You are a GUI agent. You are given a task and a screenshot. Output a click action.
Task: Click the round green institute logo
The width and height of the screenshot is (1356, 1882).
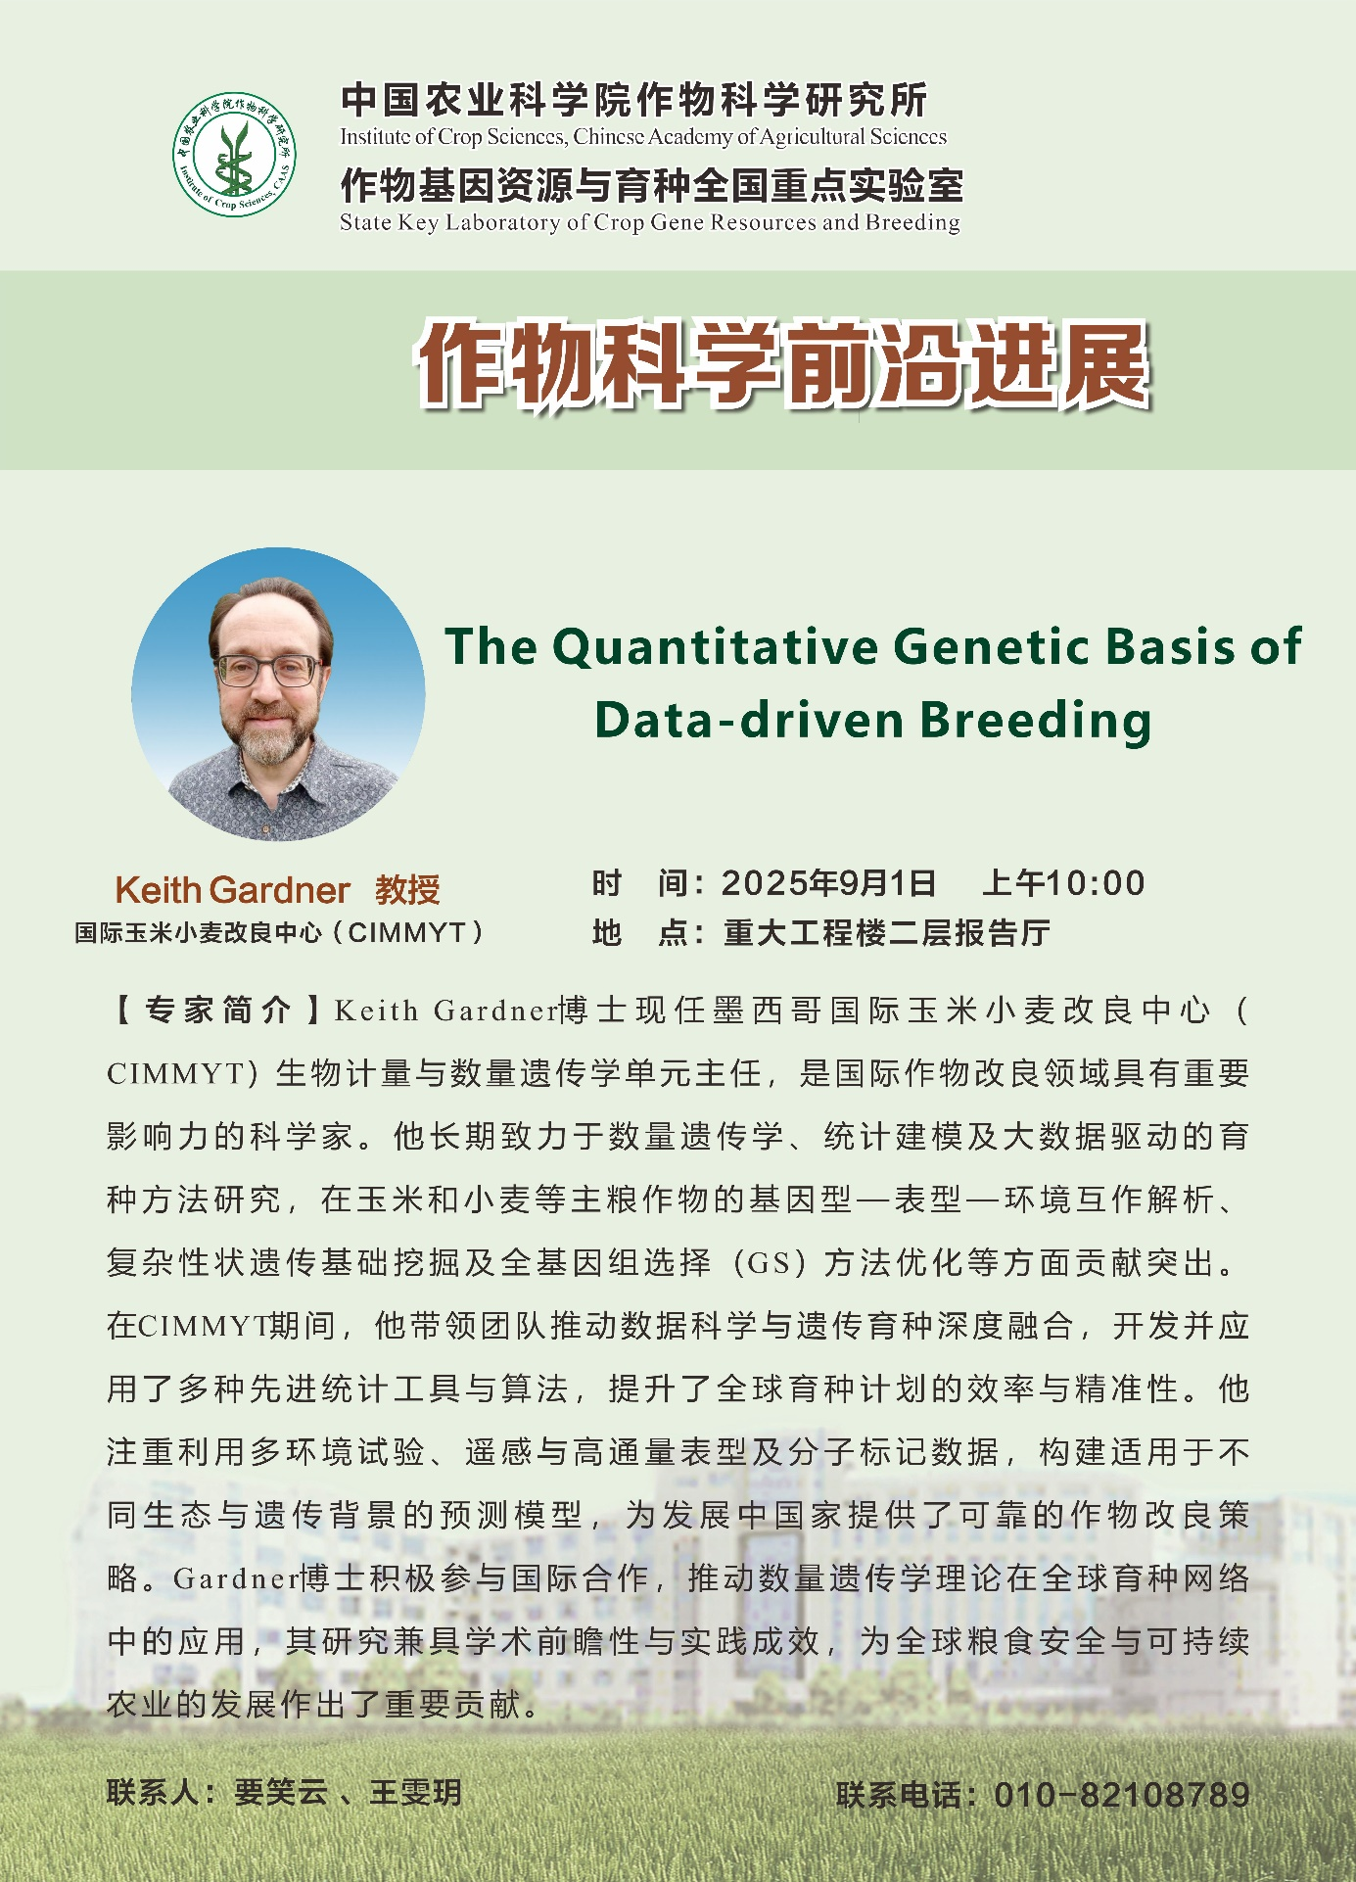pyautogui.click(x=235, y=155)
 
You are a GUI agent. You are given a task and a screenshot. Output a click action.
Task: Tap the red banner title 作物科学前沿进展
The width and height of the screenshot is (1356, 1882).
pyautogui.click(x=782, y=365)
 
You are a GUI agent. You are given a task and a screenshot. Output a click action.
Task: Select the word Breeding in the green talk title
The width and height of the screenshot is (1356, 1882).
pyautogui.click(x=1036, y=720)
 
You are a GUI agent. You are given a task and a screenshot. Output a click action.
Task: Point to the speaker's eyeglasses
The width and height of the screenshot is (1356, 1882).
pyautogui.click(x=267, y=671)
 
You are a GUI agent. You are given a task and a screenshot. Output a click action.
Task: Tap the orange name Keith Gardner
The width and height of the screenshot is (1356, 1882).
pyautogui.click(x=232, y=890)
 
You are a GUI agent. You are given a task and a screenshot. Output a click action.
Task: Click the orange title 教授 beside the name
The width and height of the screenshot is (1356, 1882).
pyautogui.click(x=407, y=890)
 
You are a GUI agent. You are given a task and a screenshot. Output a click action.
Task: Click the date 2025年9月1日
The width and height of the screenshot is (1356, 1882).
pyautogui.click(x=828, y=883)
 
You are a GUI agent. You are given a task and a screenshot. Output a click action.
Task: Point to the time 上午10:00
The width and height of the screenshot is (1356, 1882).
pyautogui.click(x=1063, y=883)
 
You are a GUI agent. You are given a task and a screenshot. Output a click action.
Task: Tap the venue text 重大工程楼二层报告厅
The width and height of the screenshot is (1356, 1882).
pyautogui.click(x=887, y=932)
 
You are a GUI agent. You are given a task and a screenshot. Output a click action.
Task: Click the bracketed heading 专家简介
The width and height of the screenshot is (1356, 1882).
pyautogui.click(x=218, y=1011)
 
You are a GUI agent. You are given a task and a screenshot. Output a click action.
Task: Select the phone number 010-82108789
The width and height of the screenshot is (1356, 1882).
pyautogui.click(x=1122, y=1795)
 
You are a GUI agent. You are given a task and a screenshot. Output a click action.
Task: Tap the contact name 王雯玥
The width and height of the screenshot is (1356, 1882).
pyautogui.click(x=415, y=1793)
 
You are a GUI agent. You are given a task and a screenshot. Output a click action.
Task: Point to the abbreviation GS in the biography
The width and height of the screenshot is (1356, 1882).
pyautogui.click(x=770, y=1263)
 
